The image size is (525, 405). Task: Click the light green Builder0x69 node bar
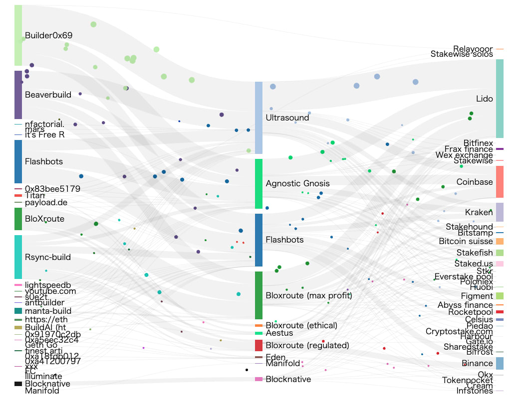coord(18,35)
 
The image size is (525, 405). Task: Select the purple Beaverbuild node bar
coord(18,95)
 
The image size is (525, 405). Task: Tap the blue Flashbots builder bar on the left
coord(18,161)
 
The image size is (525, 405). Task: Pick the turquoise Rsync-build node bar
coord(18,257)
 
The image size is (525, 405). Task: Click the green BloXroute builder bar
coord(18,219)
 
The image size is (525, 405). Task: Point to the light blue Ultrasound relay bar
coord(259,118)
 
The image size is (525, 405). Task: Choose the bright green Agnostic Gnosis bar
coord(259,183)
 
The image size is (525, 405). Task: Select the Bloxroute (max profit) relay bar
coord(259,295)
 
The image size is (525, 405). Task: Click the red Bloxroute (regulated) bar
coord(259,345)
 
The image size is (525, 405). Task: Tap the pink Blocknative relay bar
coord(259,379)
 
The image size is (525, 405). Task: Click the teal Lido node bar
coord(500,99)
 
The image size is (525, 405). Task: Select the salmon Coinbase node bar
coord(500,182)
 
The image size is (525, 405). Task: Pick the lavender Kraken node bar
coord(500,212)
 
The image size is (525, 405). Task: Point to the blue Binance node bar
coord(500,363)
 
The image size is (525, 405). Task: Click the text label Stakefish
coord(475,253)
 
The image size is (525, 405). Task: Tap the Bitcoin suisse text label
coord(466,241)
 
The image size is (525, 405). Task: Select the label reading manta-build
coord(48,311)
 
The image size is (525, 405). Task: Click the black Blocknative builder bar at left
coord(18,384)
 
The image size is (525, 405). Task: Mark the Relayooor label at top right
coord(473,49)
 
